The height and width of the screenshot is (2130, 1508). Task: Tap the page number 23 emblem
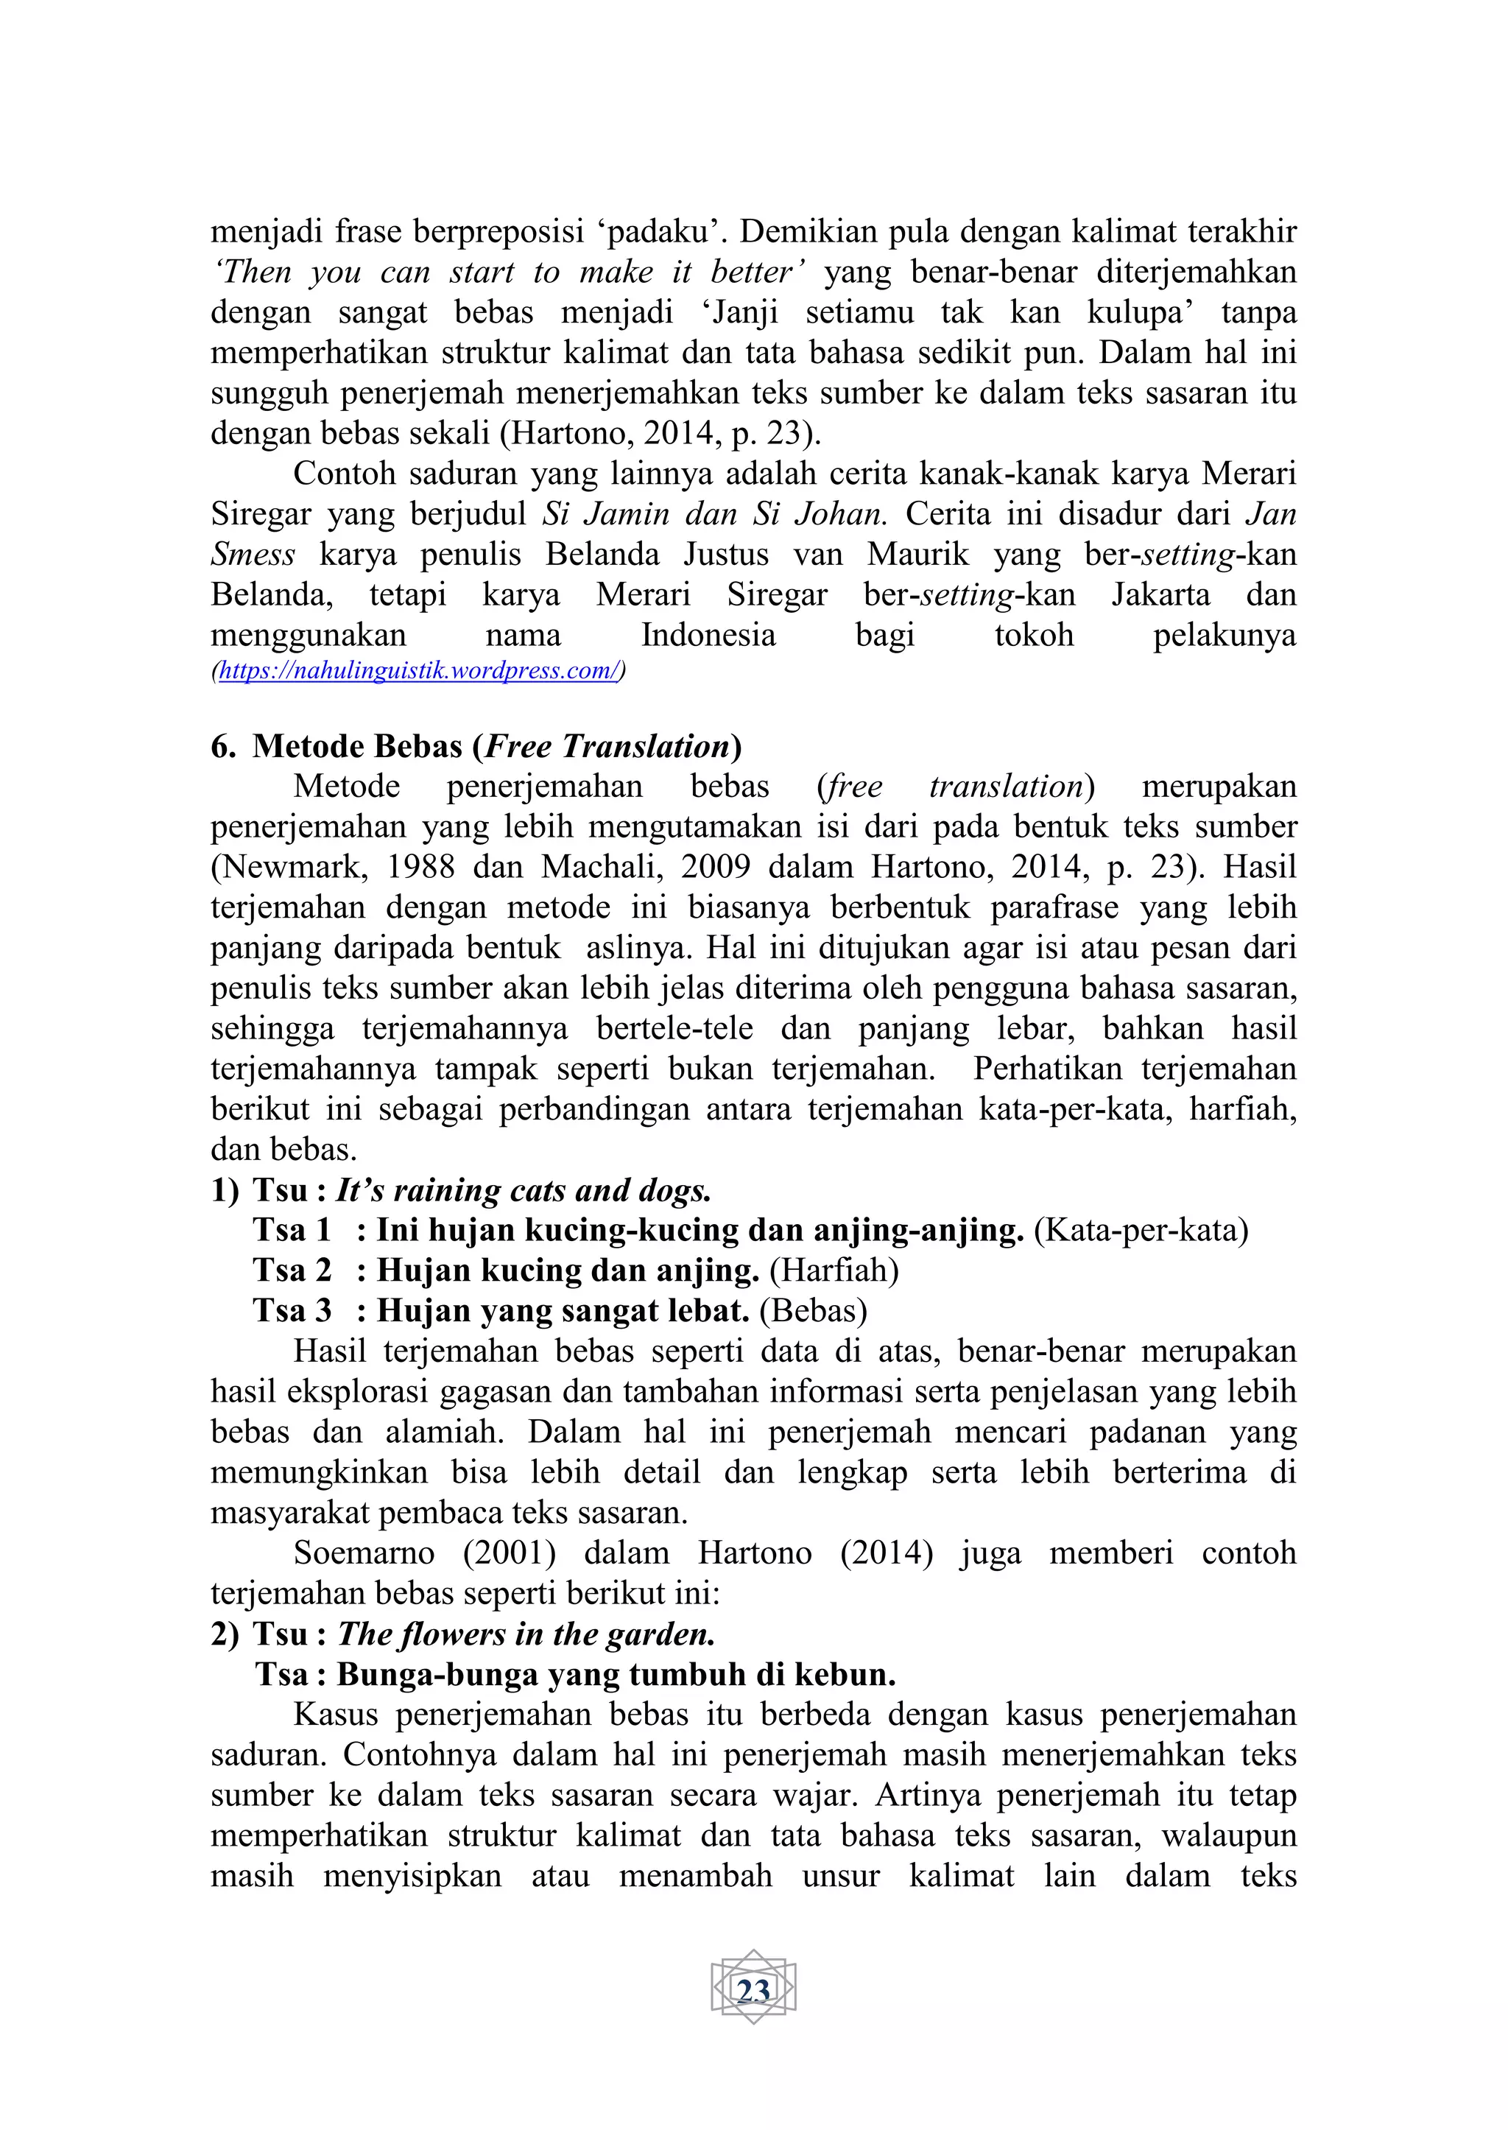coord(753,1990)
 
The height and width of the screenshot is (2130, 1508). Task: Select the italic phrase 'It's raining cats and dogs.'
coord(523,1190)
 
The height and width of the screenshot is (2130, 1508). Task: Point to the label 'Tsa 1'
coord(292,1230)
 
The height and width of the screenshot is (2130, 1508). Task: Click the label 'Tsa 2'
coord(292,1270)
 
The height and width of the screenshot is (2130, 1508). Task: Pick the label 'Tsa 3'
coord(292,1311)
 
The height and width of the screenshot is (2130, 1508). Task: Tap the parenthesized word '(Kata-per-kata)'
coord(1141,1230)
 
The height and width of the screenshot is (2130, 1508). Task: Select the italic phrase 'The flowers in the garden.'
coord(526,1634)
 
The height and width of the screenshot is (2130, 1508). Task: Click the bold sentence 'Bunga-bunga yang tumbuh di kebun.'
coord(616,1674)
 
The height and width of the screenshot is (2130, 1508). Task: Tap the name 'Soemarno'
coord(364,1553)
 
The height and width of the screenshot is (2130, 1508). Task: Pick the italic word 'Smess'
coord(253,555)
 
